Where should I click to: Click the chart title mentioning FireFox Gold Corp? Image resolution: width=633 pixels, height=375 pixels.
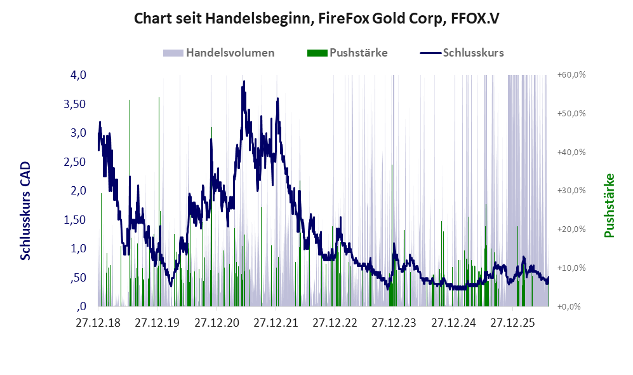coord(316,18)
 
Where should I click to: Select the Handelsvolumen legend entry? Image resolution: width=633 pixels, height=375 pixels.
coord(219,53)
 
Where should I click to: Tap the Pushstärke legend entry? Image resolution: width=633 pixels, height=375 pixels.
coord(347,53)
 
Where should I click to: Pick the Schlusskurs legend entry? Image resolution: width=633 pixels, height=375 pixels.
coord(462,53)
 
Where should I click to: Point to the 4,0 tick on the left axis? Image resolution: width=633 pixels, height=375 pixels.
coord(78,75)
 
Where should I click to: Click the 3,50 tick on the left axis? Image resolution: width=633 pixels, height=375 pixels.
coord(75,104)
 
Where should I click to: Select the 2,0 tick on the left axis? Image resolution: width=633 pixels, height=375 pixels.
coord(78,191)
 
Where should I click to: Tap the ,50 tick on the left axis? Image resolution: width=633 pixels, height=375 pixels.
coord(78,278)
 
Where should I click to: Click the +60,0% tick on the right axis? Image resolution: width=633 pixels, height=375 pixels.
coord(571,75)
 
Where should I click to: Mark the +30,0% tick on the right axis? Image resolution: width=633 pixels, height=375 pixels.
coord(571,190)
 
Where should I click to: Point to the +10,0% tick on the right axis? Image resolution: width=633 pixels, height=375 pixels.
coord(571,268)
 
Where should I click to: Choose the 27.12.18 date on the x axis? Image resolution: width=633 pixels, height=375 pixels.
coord(98,324)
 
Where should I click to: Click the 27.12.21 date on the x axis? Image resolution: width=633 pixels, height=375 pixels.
coord(276,324)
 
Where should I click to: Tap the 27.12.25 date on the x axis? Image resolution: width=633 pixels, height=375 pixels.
coord(512,324)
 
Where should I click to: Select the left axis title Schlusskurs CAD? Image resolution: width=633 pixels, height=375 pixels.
coord(25,211)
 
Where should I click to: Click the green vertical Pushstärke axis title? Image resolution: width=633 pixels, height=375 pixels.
coord(609,206)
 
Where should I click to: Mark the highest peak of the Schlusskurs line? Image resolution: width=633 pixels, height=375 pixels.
coord(244,81)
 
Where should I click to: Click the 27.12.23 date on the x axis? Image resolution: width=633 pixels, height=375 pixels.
coord(394,324)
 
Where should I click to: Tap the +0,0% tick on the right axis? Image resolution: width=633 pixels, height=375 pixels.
coord(570,307)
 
